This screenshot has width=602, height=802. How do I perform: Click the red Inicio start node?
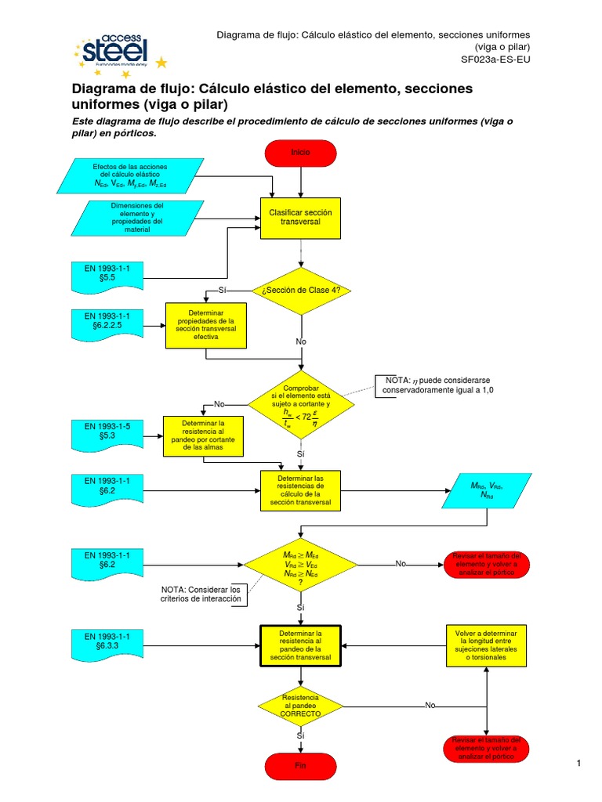[301, 153]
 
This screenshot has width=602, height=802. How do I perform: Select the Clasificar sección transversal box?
[301, 217]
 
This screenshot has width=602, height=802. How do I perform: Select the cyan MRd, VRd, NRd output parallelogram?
[487, 491]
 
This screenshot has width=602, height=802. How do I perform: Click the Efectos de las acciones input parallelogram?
[129, 176]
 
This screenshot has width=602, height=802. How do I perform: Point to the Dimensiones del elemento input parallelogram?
[129, 218]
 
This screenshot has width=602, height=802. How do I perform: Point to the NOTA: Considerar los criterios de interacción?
[203, 594]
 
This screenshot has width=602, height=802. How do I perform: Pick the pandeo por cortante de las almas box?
[203, 436]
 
